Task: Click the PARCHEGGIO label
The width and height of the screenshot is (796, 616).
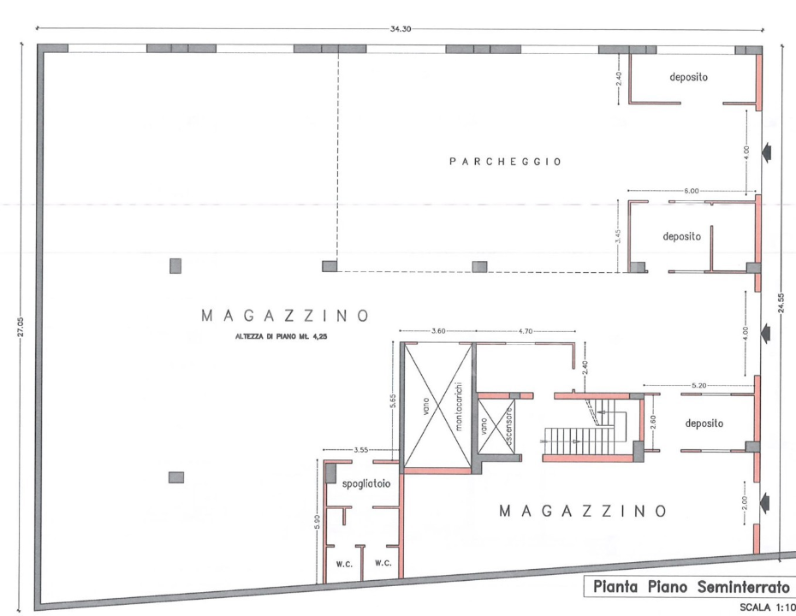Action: pyautogui.click(x=505, y=162)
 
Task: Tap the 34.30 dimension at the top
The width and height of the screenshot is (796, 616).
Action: pyautogui.click(x=401, y=29)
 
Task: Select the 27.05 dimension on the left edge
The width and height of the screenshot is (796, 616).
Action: pyautogui.click(x=21, y=327)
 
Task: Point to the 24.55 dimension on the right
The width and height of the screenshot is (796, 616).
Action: pyautogui.click(x=781, y=303)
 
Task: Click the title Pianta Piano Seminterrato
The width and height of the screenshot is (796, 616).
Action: pyautogui.click(x=692, y=587)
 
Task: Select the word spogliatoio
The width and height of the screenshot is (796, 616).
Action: pyautogui.click(x=366, y=483)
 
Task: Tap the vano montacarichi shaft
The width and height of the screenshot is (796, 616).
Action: pyautogui.click(x=437, y=405)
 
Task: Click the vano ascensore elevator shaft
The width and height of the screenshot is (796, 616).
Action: pyautogui.click(x=496, y=425)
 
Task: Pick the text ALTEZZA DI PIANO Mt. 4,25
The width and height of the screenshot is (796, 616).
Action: pyautogui.click(x=281, y=336)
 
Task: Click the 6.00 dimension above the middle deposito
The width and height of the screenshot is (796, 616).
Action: pyautogui.click(x=691, y=191)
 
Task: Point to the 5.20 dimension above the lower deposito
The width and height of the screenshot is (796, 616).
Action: pyautogui.click(x=699, y=386)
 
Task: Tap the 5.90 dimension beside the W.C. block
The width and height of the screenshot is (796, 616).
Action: pyautogui.click(x=318, y=521)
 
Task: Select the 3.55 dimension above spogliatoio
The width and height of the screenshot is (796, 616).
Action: pyautogui.click(x=361, y=449)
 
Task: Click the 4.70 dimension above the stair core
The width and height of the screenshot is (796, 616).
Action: pyautogui.click(x=526, y=331)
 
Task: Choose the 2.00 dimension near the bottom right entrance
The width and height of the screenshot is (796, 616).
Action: pyautogui.click(x=745, y=503)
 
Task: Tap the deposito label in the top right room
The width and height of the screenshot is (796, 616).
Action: pyautogui.click(x=688, y=77)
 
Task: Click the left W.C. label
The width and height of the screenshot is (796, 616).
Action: pyautogui.click(x=344, y=564)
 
